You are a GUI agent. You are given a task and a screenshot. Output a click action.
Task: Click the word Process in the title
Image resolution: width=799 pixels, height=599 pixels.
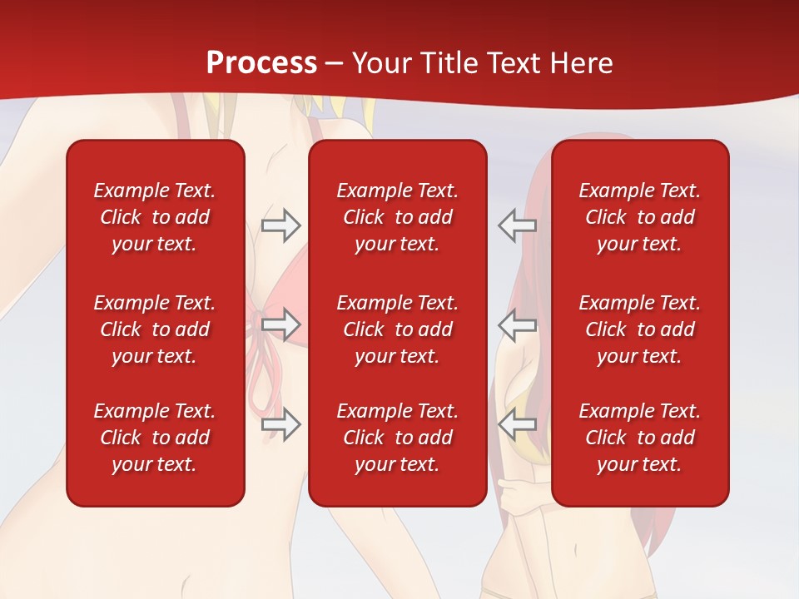tap(261, 63)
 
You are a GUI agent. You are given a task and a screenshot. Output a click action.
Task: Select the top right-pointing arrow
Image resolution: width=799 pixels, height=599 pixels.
tap(280, 225)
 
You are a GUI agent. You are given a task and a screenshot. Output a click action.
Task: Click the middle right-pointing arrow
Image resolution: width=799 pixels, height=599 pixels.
tap(280, 324)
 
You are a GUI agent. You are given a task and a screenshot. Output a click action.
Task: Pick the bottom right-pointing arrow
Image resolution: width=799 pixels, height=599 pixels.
tap(280, 424)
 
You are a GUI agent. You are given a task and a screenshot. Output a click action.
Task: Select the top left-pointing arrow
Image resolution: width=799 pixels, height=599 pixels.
tap(518, 225)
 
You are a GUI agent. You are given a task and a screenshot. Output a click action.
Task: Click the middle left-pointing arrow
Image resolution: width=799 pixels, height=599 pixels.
tap(518, 324)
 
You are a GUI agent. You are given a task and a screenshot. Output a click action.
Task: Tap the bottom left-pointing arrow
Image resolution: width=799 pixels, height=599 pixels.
tap(518, 424)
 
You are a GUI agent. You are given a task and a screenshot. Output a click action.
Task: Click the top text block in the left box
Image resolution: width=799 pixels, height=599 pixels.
tap(155, 217)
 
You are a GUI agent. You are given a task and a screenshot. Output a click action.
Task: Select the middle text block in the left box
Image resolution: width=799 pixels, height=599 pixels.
tap(155, 329)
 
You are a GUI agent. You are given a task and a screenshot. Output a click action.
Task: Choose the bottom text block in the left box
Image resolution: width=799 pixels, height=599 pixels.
tap(155, 438)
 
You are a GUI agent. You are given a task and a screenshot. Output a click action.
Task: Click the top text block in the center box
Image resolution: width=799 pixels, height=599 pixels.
tap(398, 217)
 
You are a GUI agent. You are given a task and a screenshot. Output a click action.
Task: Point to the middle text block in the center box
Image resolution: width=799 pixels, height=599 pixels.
tap(398, 329)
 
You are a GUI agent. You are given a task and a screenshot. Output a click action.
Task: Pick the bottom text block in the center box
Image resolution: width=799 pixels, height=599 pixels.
tap(398, 438)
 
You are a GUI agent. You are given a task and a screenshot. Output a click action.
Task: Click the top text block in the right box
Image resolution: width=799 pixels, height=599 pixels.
tap(640, 217)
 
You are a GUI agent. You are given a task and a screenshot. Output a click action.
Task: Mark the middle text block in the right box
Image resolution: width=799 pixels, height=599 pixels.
tap(640, 329)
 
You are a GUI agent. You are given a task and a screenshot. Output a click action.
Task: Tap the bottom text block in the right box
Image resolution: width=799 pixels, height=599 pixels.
tap(640, 438)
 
